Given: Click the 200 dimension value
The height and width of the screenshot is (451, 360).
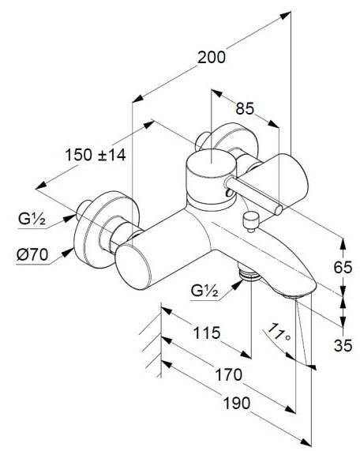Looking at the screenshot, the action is point(212,57).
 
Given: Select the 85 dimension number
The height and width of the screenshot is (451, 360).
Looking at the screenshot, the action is point(245,109).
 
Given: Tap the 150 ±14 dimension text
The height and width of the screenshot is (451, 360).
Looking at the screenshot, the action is point(96,155).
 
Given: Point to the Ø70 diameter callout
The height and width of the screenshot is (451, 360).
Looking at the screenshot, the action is point(32,254).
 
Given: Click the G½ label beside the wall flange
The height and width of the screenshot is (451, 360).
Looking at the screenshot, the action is point(32,220).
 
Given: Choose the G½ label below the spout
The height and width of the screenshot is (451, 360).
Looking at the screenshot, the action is point(204,291).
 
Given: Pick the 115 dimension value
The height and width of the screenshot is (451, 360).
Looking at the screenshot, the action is point(207,333).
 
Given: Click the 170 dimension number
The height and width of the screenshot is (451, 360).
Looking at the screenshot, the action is point(229,374).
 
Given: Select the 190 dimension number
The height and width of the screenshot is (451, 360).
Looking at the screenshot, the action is point(237,403).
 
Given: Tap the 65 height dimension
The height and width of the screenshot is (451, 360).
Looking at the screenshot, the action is point(343,267).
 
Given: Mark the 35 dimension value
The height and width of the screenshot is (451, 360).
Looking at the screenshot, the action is point(343,345).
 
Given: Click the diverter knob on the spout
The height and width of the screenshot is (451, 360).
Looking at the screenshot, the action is point(251,222).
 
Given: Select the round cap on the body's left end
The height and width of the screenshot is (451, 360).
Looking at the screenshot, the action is point(133,267).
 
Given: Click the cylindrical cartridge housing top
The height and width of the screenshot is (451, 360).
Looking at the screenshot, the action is point(212,163).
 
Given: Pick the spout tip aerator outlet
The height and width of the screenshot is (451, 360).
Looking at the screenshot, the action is point(296,295).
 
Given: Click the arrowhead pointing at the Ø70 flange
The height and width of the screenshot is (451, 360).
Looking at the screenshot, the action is point(68,252).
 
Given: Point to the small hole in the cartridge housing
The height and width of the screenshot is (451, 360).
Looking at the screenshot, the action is point(229,193).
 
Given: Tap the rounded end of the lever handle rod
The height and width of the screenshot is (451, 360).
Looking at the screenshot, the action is point(278,209).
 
